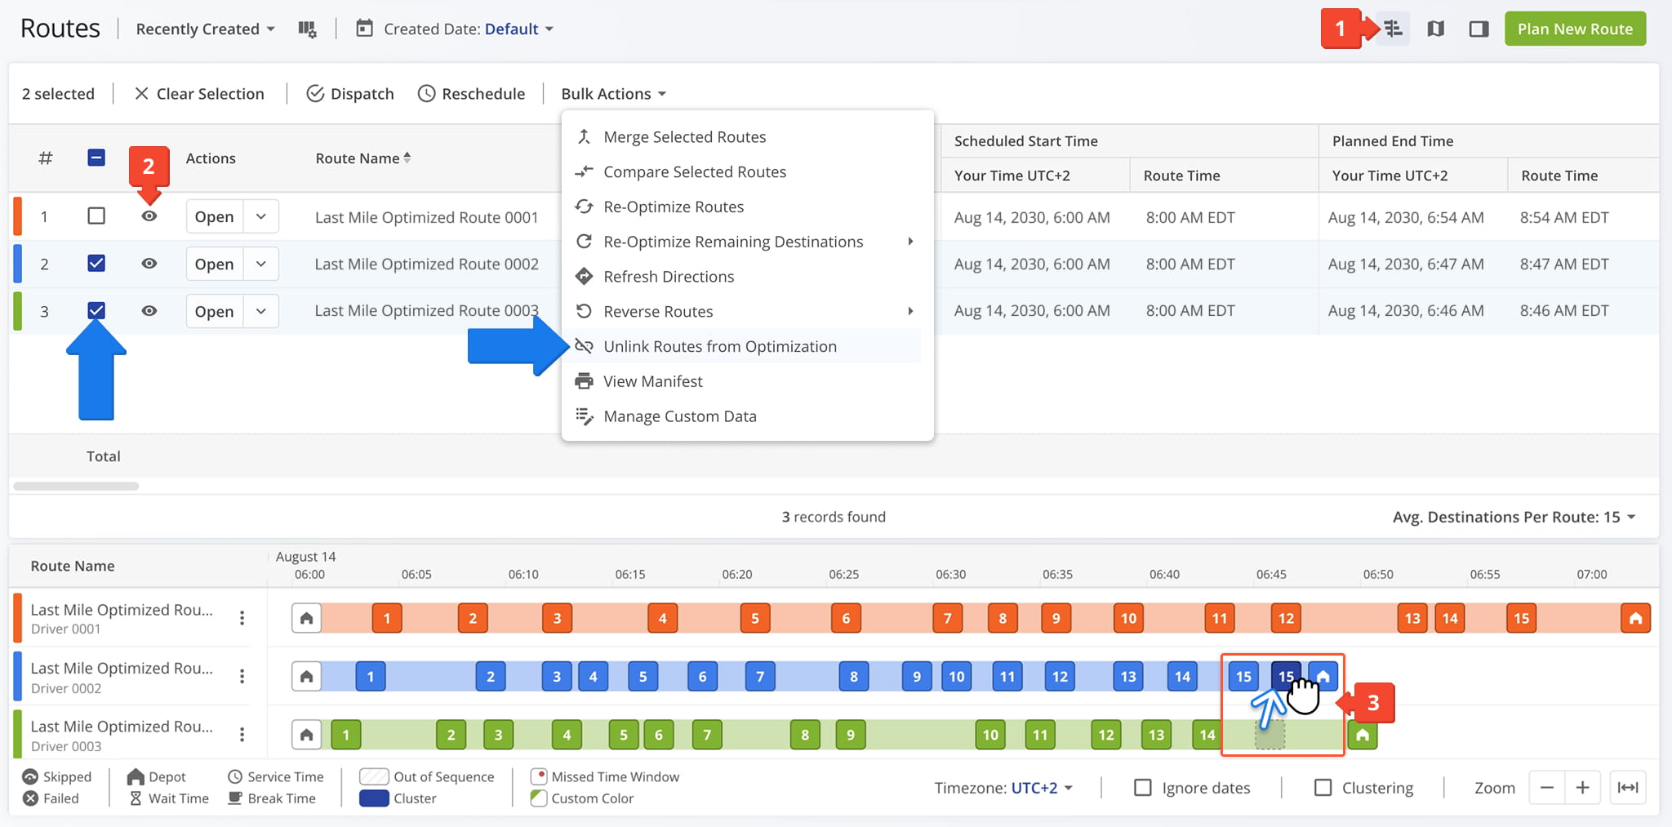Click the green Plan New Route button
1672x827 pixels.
coord(1575,29)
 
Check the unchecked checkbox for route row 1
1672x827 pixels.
coord(96,216)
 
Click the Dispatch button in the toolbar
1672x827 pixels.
coord(350,94)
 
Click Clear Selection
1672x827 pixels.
coord(199,94)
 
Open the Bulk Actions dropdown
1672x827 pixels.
coord(614,94)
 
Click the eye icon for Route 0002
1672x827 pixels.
coord(149,264)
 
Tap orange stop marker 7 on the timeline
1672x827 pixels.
coord(947,618)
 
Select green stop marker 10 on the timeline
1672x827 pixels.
coord(990,735)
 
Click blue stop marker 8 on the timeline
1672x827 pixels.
coord(854,677)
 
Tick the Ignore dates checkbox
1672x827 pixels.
coord(1143,788)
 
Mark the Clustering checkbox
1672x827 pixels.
coord(1323,788)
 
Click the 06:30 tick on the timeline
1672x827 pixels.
coord(951,574)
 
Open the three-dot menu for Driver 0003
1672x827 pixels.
coord(242,735)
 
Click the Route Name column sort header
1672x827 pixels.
coord(363,158)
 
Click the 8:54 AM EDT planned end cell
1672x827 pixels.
coord(1564,218)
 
